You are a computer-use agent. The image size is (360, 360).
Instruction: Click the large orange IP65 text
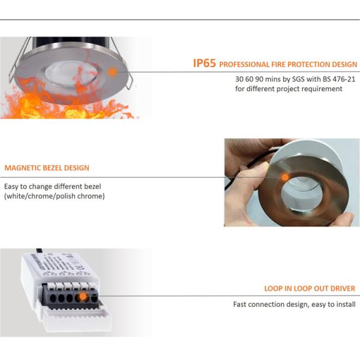205,63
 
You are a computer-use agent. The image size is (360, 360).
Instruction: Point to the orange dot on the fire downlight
112,71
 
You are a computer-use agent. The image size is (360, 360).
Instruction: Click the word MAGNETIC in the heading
23,168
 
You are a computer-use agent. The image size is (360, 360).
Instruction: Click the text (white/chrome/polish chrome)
55,196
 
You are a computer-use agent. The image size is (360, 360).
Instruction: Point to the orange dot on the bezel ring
285,176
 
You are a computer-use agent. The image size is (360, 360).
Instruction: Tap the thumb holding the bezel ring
255,174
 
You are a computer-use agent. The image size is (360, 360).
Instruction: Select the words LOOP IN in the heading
280,289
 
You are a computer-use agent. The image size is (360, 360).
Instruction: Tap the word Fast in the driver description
241,304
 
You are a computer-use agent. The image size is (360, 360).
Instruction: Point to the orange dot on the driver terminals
83,296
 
